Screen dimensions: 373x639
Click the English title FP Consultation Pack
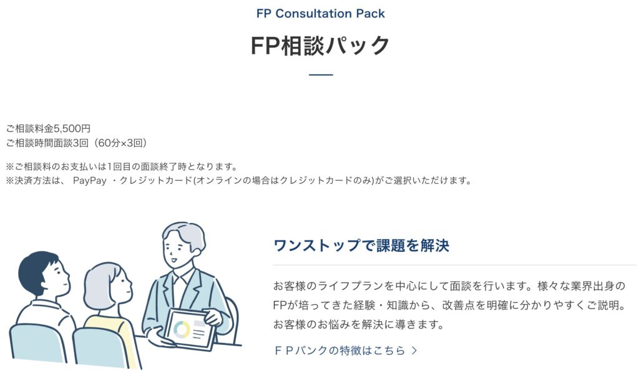tap(320, 13)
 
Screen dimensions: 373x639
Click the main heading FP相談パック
tap(320, 46)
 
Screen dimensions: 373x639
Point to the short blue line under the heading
tap(321, 75)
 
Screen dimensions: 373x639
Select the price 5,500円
tap(72, 129)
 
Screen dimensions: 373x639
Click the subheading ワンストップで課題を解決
tap(361, 246)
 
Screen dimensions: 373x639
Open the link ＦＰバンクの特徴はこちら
tap(339, 351)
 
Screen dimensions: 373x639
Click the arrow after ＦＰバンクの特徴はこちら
tap(414, 351)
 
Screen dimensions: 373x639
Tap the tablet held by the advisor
tap(190, 329)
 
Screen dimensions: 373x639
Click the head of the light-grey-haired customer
tap(107, 287)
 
